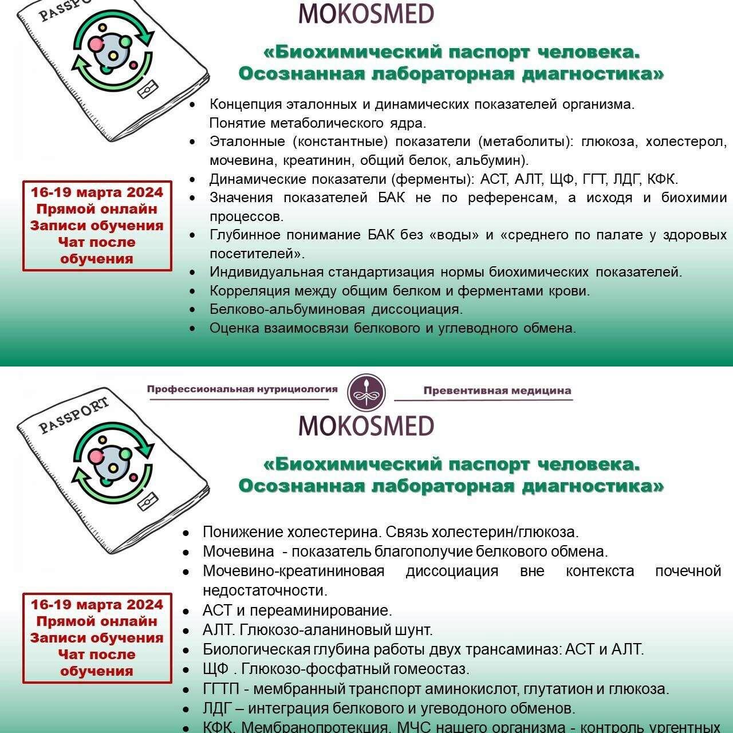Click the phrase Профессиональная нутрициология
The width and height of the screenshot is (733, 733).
point(242,389)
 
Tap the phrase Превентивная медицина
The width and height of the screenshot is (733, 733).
point(497,391)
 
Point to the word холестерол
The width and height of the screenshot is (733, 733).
point(686,141)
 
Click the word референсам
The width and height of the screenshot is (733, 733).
point(508,198)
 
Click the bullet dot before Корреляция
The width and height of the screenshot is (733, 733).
point(193,291)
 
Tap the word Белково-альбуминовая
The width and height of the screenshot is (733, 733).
point(287,309)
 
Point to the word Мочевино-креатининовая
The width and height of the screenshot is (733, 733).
point(293,571)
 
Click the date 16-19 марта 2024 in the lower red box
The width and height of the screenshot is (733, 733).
point(97,605)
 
